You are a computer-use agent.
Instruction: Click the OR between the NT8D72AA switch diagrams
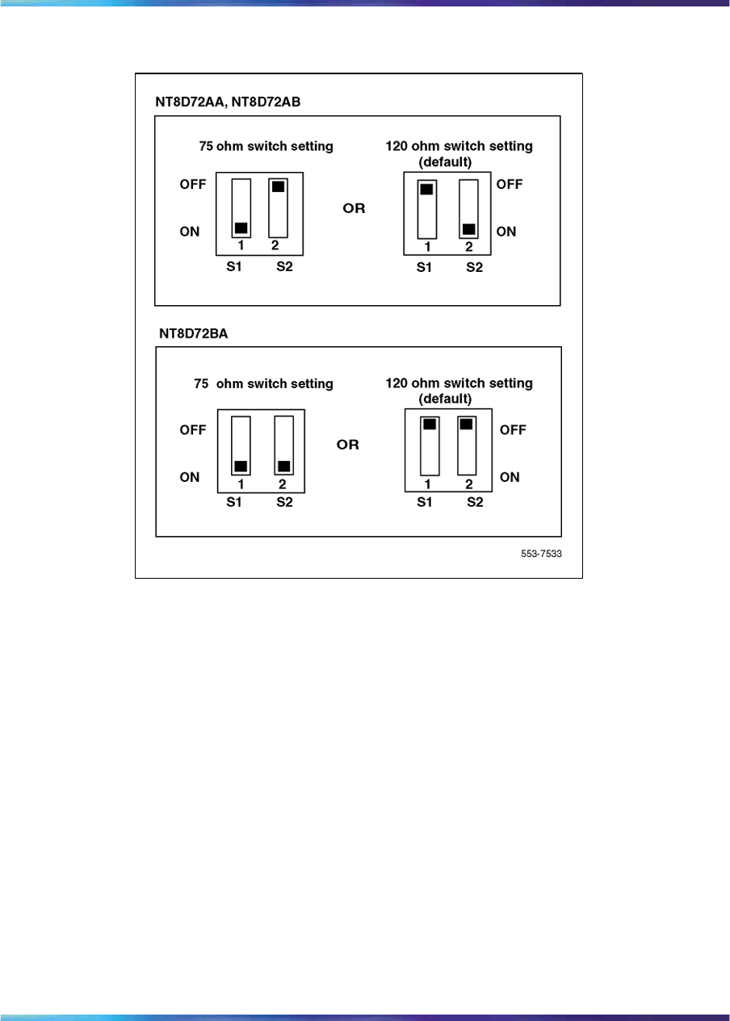[x=355, y=208]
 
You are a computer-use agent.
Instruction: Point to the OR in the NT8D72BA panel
[x=347, y=445]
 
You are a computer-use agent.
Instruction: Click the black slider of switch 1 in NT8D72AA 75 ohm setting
[x=241, y=227]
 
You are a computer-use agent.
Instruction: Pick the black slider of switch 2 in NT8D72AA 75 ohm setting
[x=278, y=186]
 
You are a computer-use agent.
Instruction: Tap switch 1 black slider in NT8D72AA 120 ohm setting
[x=426, y=190]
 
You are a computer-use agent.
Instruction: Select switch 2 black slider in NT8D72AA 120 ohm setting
[x=468, y=228]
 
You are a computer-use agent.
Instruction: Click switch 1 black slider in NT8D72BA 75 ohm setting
[x=241, y=466]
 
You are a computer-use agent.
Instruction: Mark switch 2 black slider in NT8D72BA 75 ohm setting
[x=283, y=466]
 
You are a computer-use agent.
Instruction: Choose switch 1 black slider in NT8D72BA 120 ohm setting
[x=430, y=424]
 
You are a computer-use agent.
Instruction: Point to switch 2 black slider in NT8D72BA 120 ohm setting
[x=466, y=424]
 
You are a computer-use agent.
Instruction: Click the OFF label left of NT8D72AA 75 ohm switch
[x=193, y=184]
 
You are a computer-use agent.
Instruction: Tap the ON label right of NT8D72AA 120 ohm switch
[x=506, y=232]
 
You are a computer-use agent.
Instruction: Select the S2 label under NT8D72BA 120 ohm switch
[x=474, y=502]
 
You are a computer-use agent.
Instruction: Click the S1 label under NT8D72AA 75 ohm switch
[x=234, y=266]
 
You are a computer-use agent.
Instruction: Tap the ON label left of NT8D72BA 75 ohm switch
[x=190, y=477]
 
